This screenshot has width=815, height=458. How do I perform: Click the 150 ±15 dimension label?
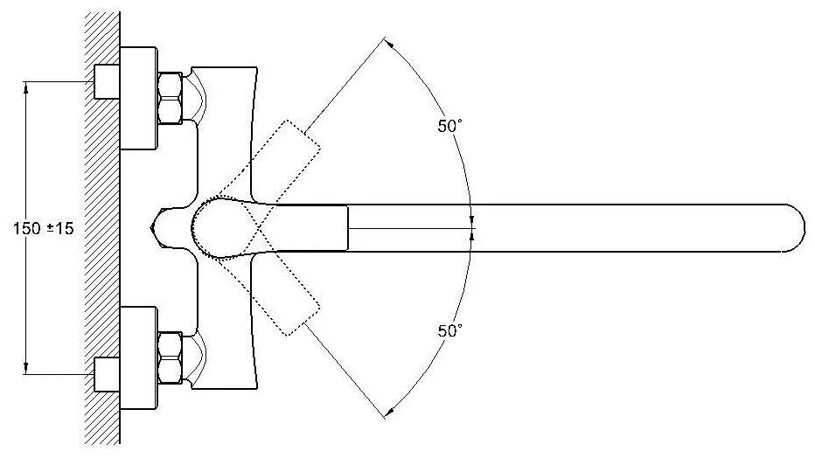tap(44, 227)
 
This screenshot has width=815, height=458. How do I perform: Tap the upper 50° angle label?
tap(449, 126)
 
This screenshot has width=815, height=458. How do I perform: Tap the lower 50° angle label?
tap(449, 330)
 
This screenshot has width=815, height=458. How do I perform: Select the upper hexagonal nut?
tap(170, 97)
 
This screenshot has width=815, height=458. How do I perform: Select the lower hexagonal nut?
tap(170, 357)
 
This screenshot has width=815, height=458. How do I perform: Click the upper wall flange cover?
tap(139, 98)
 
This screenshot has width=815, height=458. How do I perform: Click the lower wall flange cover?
tap(139, 357)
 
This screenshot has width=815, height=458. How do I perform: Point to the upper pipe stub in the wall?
tap(107, 81)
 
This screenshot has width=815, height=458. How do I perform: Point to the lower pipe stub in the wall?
tap(107, 374)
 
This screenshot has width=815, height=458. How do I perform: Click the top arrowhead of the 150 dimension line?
tap(25, 87)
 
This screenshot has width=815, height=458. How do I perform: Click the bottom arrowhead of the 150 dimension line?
tap(25, 368)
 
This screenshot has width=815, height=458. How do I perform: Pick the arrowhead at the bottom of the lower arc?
tap(389, 412)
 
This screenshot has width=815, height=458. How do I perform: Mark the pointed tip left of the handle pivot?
tap(151, 227)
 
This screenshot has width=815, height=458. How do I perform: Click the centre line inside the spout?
tap(411, 228)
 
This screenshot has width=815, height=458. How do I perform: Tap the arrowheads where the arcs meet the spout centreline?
tap(472, 228)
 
